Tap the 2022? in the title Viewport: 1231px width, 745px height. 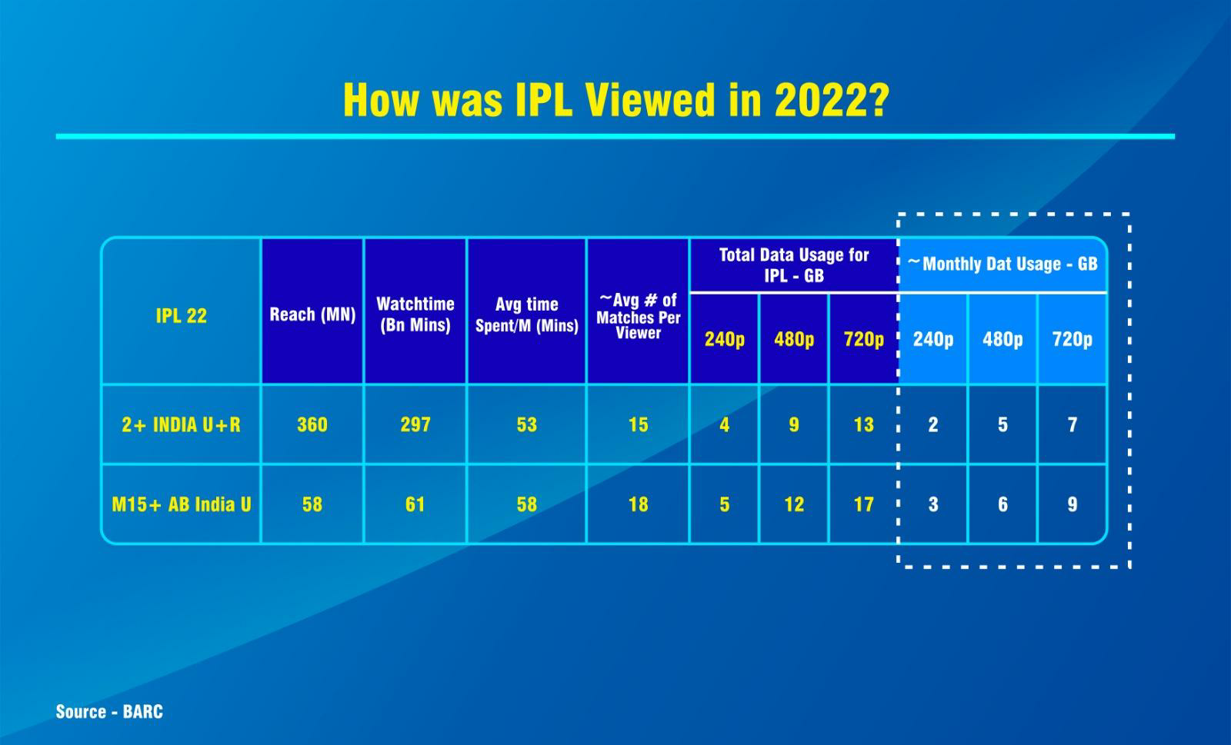tap(832, 100)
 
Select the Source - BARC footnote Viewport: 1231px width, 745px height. tap(109, 711)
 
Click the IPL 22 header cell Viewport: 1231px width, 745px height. tap(182, 316)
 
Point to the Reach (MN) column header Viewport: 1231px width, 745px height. tap(312, 314)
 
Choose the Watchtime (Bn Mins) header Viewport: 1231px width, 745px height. tap(415, 314)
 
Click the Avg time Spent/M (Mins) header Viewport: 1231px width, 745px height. tap(526, 314)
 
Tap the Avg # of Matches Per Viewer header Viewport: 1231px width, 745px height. tap(638, 316)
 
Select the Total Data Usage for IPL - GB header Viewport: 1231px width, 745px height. tap(793, 265)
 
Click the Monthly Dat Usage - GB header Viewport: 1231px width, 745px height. tap(1002, 264)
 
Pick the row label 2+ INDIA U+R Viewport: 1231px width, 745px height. tap(181, 424)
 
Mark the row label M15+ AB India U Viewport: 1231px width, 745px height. tap(182, 504)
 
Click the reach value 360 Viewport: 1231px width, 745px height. tap(312, 424)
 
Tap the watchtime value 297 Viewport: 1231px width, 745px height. tap(415, 424)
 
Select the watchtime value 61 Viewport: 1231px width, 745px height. tap(415, 504)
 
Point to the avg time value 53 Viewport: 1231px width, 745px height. tap(526, 424)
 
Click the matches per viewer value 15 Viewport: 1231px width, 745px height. tap(638, 424)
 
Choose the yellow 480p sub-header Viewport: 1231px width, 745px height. tap(793, 339)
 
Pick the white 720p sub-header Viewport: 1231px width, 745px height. tap(1073, 339)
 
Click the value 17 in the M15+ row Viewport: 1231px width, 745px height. tap(863, 504)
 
